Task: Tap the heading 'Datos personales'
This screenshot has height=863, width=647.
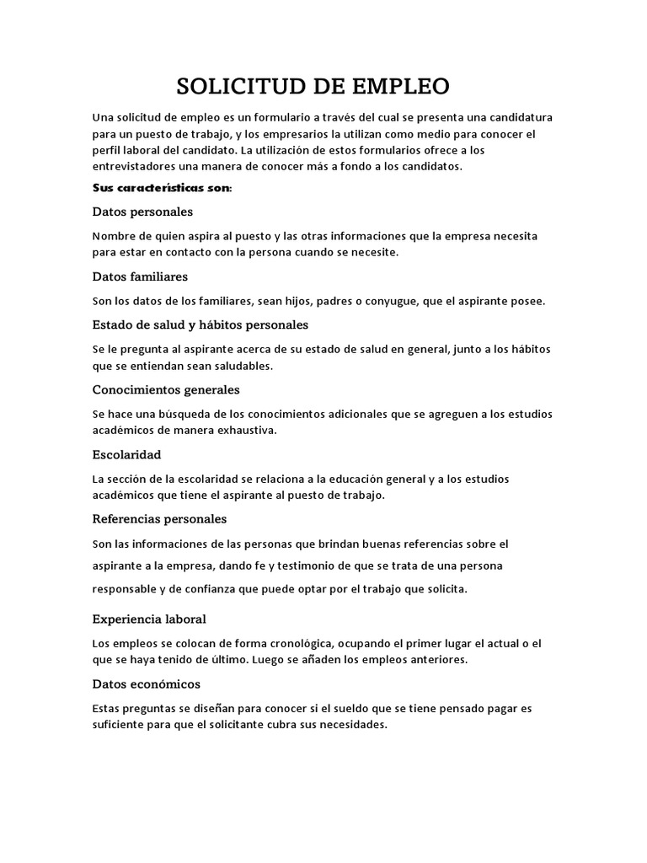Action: pos(142,211)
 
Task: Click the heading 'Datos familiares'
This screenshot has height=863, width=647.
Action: pos(140,276)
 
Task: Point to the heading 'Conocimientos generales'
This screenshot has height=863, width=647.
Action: pos(166,389)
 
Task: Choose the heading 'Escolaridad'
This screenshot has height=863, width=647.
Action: pos(126,454)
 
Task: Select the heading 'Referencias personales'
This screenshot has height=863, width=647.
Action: pos(159,518)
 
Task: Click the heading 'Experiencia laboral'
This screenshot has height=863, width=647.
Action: pos(149,619)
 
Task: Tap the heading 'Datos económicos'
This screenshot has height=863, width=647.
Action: pos(146,683)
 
